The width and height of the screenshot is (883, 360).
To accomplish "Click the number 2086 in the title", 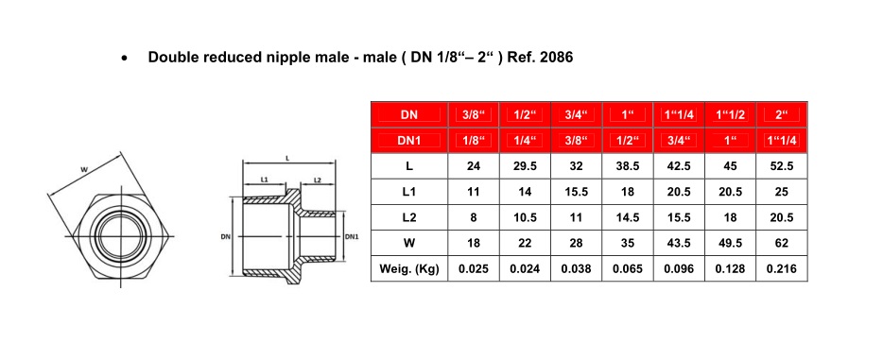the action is [557, 58].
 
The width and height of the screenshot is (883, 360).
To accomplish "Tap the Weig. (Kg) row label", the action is [409, 268].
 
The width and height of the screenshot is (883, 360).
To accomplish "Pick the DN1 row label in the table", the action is [409, 141].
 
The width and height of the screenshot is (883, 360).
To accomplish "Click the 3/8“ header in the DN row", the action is [474, 114].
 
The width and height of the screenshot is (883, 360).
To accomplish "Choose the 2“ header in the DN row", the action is [782, 114].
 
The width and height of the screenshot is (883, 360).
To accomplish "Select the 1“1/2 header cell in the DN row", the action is [731, 114].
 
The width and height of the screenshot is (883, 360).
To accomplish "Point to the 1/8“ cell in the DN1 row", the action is [474, 141].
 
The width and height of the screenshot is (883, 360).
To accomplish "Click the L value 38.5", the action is [628, 166].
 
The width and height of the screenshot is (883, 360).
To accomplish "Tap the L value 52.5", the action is [782, 166].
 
